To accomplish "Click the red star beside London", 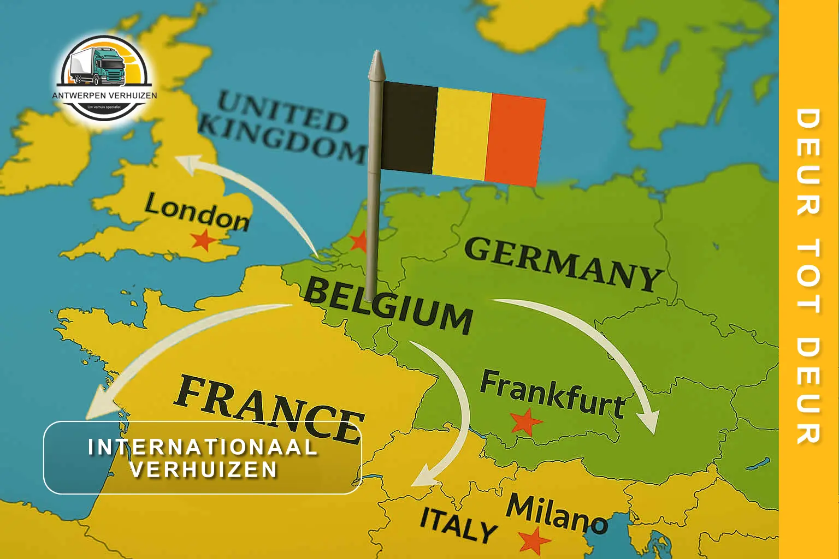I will click(x=203, y=240).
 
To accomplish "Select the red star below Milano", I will click(x=534, y=542).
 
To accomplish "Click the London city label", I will click(x=197, y=213).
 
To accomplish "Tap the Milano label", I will click(x=556, y=514).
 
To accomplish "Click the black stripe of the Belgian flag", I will click(x=409, y=127).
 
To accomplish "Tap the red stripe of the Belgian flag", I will click(x=515, y=140).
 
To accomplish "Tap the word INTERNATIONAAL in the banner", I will click(x=203, y=447).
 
